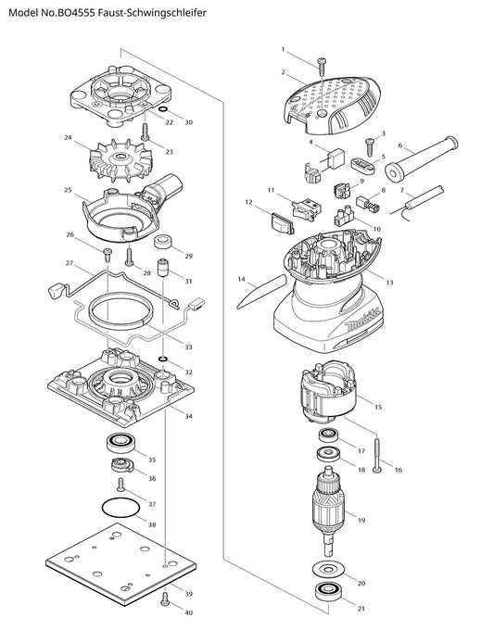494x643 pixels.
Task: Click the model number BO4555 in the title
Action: pyautogui.click(x=78, y=13)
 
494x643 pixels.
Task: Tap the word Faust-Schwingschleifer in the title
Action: pyautogui.click(x=154, y=13)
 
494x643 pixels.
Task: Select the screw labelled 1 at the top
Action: pyautogui.click(x=323, y=67)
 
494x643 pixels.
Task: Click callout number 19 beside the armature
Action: pyautogui.click(x=361, y=521)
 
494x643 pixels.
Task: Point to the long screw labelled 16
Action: pyautogui.click(x=377, y=455)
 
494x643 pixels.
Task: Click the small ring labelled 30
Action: pyautogui.click(x=162, y=109)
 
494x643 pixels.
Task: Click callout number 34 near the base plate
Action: pyautogui.click(x=188, y=416)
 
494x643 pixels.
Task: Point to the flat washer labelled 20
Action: pyautogui.click(x=328, y=569)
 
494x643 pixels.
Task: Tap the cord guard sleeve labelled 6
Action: pyautogui.click(x=421, y=158)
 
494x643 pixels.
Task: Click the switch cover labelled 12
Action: pyautogui.click(x=283, y=223)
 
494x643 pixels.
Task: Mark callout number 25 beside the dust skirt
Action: pyautogui.click(x=68, y=190)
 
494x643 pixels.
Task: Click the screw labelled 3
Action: pyautogui.click(x=369, y=145)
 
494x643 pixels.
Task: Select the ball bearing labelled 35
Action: pyautogui.click(x=120, y=443)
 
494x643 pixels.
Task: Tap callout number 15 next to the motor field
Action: pyautogui.click(x=378, y=407)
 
